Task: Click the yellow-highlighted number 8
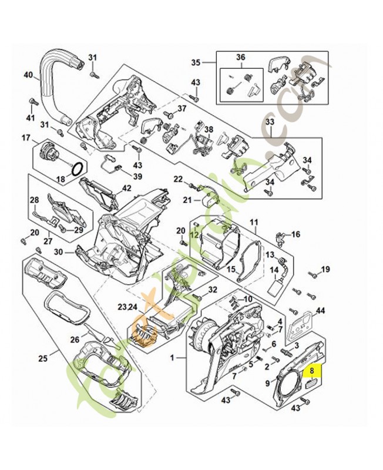coord(312,371)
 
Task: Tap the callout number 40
coord(28,75)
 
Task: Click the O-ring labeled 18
coord(76,169)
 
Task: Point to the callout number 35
coord(196,62)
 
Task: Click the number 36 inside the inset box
coord(240,57)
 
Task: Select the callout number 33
coord(270,122)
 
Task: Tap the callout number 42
coord(126,188)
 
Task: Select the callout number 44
coord(320,310)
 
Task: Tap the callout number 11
coord(254,222)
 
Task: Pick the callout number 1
coord(173,358)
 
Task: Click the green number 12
coord(193,234)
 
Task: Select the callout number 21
coord(187,200)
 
